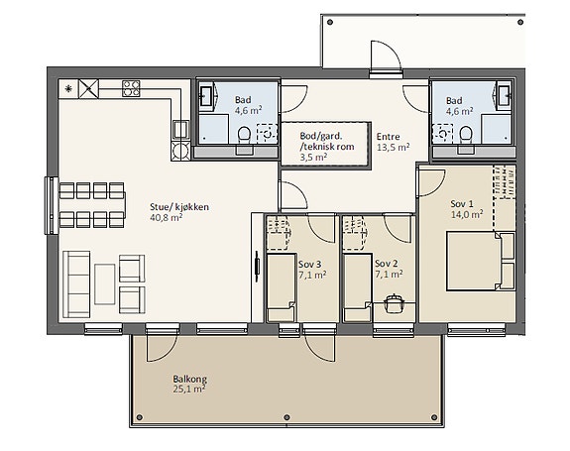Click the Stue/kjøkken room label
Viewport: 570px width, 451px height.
click(179, 207)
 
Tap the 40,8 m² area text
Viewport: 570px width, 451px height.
click(167, 217)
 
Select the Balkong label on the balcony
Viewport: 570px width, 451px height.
click(189, 379)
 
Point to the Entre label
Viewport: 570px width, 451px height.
click(388, 137)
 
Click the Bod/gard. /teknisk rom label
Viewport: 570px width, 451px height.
click(327, 142)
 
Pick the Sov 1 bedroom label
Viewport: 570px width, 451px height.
click(462, 203)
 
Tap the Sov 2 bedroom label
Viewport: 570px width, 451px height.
click(386, 264)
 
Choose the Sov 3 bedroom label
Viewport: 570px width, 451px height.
click(309, 265)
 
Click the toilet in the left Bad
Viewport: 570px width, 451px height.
click(244, 137)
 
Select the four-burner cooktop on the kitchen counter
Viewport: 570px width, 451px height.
click(131, 88)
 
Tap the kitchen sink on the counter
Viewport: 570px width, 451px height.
click(180, 129)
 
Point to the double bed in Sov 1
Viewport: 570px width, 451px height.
click(481, 262)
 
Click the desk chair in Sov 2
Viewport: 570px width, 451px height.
click(394, 302)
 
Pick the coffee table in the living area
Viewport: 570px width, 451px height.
click(105, 283)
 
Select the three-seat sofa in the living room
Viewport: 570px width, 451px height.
click(76, 283)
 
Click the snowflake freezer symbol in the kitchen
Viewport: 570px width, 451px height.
click(68, 88)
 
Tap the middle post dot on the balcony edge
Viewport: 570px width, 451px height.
click(286, 417)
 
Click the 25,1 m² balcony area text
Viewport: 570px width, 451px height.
click(189, 390)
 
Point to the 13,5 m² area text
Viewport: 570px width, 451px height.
click(393, 147)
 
